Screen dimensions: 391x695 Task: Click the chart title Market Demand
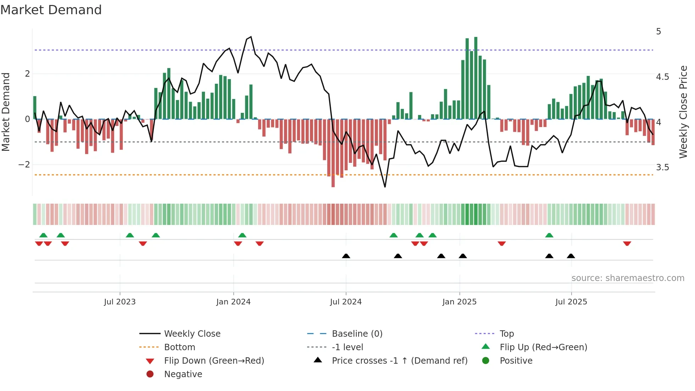click(51, 10)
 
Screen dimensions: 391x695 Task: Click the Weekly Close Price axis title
click(683, 112)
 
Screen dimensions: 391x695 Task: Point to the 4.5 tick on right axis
click(662, 77)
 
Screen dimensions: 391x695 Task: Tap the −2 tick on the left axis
click(24, 165)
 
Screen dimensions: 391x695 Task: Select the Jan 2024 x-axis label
click(233, 302)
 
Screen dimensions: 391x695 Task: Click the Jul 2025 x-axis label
click(571, 302)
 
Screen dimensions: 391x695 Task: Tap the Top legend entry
click(506, 334)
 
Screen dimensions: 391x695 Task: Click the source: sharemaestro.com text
click(628, 278)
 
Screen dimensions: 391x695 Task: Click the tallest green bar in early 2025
click(476, 78)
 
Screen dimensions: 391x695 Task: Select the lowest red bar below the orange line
click(333, 153)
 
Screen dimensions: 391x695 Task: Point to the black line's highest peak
click(251, 37)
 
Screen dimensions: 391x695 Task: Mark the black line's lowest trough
click(385, 187)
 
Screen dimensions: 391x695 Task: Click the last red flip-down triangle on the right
click(627, 244)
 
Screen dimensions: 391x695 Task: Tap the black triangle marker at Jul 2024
click(346, 256)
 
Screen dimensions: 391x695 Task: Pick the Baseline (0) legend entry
click(357, 334)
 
